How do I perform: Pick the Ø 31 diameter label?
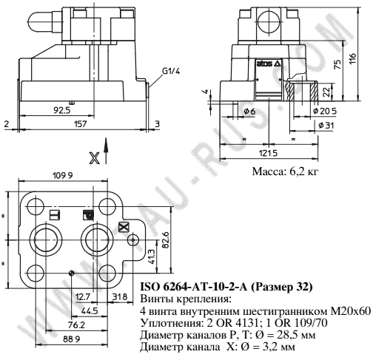pyautogui.click(x=324, y=126)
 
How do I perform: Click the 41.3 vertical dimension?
pyautogui.click(x=152, y=257)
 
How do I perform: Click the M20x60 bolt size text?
pyautogui.click(x=354, y=310)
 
